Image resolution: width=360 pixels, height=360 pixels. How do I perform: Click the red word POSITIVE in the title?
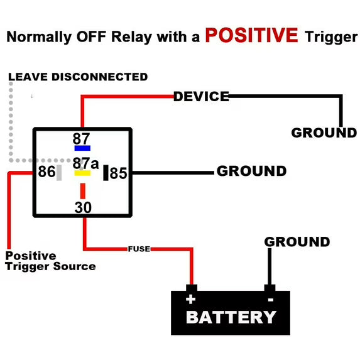coord(251,35)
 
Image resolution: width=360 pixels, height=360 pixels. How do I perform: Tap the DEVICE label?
coord(201,96)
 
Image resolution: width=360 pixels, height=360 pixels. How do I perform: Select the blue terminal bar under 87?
coord(82,148)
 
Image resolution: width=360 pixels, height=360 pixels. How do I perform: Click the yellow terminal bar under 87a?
coord(82,173)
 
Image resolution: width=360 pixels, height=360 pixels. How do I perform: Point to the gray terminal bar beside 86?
coord(59,173)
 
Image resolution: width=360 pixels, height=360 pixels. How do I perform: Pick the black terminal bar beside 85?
coord(106,173)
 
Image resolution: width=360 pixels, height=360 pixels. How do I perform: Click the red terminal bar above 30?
coord(83,191)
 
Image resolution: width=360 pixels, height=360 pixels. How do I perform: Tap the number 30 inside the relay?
coord(83,207)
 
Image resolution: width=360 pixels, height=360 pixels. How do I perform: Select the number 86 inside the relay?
coord(46,172)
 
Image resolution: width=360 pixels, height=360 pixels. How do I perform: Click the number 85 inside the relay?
coord(118,173)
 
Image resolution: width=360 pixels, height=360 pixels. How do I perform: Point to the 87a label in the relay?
coord(85,163)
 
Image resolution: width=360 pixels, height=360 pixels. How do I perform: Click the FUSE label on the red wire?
coord(139,249)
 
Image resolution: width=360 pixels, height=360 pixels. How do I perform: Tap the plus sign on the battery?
coord(191,300)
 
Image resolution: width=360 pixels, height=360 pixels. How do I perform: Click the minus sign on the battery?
coord(271,300)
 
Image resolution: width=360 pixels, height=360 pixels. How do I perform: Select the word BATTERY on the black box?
coord(231,317)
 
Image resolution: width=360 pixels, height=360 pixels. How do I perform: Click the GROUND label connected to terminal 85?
coord(252,171)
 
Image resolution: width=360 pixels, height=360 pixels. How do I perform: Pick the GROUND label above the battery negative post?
coord(297,242)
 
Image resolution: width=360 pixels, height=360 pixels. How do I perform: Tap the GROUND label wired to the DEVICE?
coord(324,133)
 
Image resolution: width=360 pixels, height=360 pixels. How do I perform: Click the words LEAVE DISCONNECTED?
coord(78,77)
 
